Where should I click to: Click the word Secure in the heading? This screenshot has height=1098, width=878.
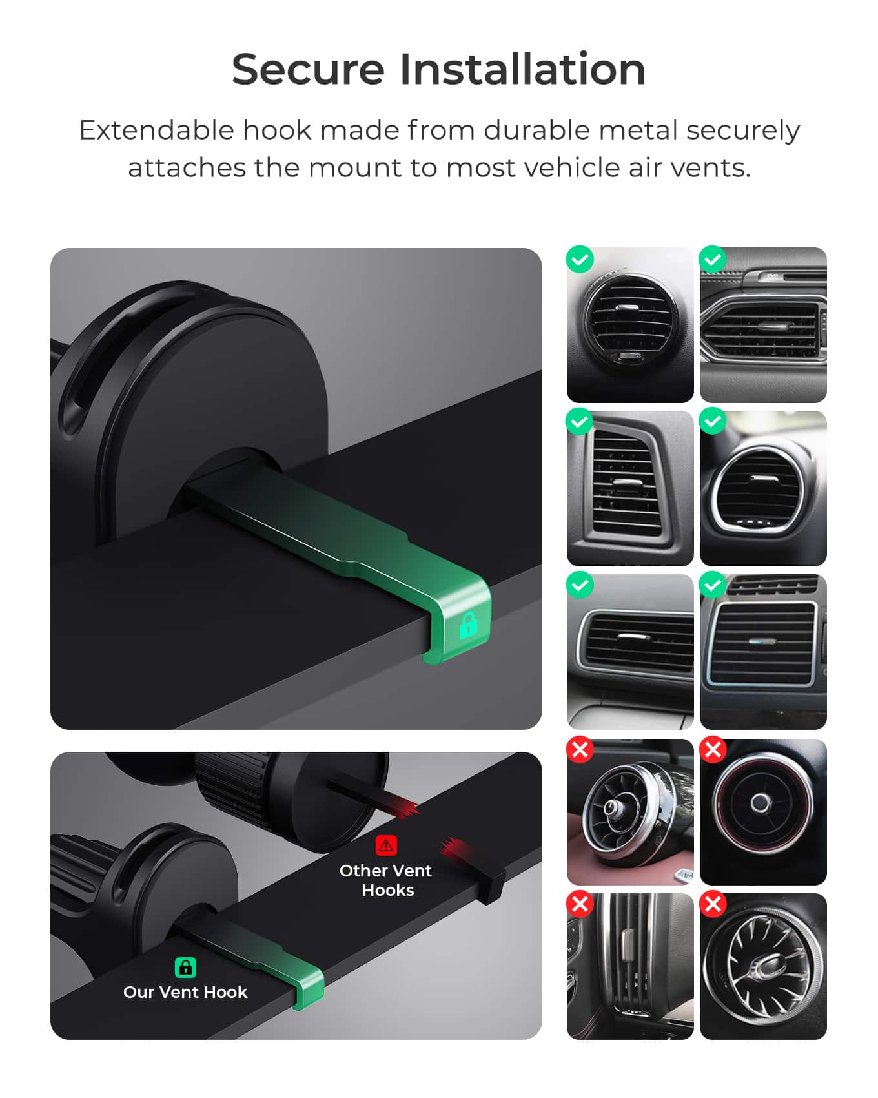[x=308, y=69]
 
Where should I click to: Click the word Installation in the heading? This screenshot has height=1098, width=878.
[x=522, y=69]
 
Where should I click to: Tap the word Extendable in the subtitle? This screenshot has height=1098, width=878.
[x=156, y=131]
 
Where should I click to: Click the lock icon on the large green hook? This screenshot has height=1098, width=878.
[x=468, y=625]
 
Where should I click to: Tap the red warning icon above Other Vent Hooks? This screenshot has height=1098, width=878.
[x=386, y=845]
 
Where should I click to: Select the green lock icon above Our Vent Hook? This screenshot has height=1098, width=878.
[x=185, y=967]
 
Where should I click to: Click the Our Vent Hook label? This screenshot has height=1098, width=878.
[x=185, y=992]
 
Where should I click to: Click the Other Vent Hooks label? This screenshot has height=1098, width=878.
[x=386, y=880]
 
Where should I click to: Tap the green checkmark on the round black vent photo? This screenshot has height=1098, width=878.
[x=580, y=260]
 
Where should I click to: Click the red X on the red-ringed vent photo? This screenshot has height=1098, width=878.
[x=713, y=750]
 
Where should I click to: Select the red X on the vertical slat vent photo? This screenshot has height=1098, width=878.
[x=580, y=904]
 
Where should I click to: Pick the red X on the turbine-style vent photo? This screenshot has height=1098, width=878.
[x=713, y=904]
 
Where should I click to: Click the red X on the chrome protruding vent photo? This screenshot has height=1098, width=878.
[x=580, y=750]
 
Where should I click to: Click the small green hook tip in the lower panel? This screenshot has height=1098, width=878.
[x=309, y=988]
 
